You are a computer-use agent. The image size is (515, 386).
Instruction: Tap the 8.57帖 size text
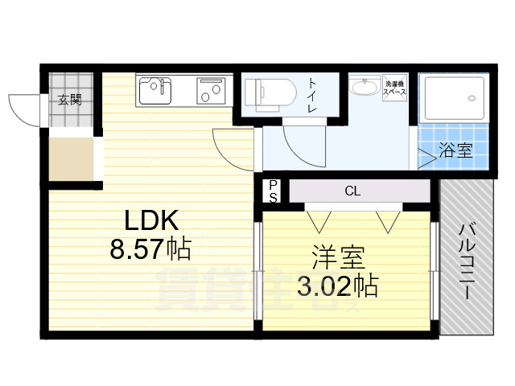[x=150, y=249]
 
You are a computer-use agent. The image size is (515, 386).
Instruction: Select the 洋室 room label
[x=339, y=259]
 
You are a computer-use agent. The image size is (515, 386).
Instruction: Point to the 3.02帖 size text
[x=338, y=285]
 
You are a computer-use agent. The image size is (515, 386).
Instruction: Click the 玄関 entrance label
[x=69, y=100]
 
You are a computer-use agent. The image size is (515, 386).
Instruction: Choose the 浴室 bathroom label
[x=455, y=150]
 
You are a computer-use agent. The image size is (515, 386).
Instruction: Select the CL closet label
[x=352, y=191]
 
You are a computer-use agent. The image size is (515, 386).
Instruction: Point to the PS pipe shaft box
[x=273, y=191]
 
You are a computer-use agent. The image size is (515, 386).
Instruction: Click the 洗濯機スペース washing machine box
[x=394, y=88]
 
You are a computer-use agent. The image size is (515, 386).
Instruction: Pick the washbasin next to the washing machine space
[x=365, y=86]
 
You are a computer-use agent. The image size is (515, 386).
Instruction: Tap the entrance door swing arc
[x=24, y=109]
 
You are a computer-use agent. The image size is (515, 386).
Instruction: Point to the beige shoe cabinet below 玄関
[x=71, y=160]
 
